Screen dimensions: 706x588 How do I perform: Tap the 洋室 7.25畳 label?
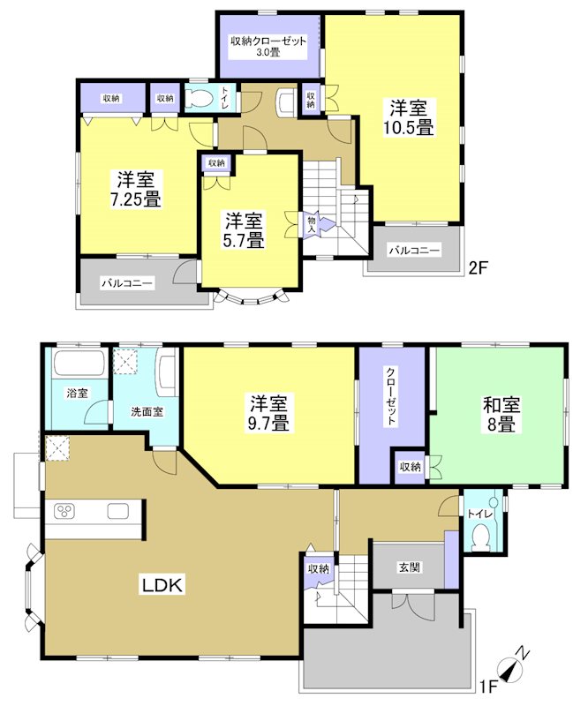pyautogui.click(x=135, y=187)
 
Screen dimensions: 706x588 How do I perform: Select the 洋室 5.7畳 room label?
pyautogui.click(x=244, y=229)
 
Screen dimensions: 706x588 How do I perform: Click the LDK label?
pyautogui.click(x=164, y=584)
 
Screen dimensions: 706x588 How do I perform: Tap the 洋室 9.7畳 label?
pyautogui.click(x=268, y=414)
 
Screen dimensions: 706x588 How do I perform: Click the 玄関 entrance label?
pyautogui.click(x=408, y=568)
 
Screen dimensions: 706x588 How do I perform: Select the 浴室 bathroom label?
pyautogui.click(x=76, y=393)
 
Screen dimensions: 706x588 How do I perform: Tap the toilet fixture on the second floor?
pyautogui.click(x=200, y=99)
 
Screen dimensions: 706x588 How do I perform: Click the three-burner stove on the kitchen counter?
pyautogui.click(x=66, y=511)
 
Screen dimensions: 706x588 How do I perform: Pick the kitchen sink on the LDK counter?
pyautogui.click(x=119, y=511)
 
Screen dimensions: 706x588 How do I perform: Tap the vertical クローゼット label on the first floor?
pyautogui.click(x=390, y=396)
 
